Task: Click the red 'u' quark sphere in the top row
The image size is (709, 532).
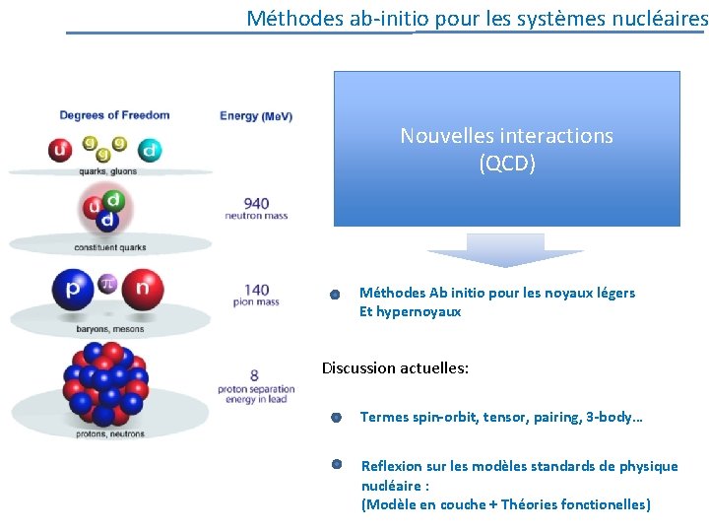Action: click(x=60, y=151)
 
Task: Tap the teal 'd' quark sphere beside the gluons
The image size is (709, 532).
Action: click(x=150, y=151)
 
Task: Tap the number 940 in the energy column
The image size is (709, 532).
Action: click(x=256, y=204)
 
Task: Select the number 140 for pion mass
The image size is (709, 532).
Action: click(x=256, y=290)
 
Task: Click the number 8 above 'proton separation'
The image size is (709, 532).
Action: click(x=255, y=375)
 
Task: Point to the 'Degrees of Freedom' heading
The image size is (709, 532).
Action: click(x=114, y=115)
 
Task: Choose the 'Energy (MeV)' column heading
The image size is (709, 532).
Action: click(x=256, y=116)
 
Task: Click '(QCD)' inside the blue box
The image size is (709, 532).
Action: click(x=506, y=165)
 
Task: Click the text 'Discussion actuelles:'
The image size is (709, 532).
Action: click(x=395, y=368)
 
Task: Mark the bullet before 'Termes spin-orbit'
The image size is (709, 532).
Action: click(x=336, y=418)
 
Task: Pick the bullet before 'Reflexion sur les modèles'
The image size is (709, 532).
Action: click(x=336, y=463)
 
